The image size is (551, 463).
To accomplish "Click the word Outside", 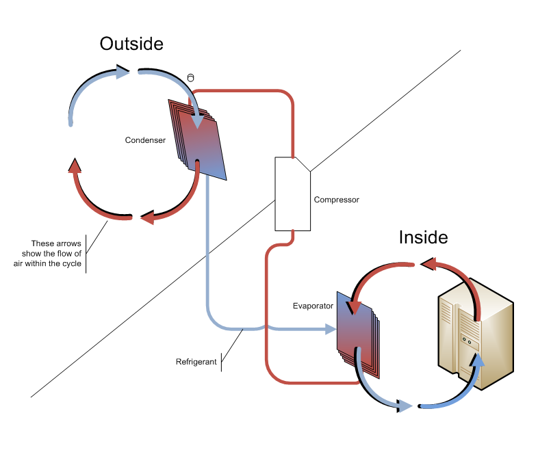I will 131,44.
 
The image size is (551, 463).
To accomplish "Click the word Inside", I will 424,237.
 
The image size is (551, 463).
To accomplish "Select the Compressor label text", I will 336,200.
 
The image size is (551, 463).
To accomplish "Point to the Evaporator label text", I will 313,306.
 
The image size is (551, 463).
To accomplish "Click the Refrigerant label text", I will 197,362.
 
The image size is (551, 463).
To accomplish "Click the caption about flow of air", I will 56,254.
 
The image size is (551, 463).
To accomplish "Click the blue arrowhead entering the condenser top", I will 198,122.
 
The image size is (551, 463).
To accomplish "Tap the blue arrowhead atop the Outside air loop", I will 123,71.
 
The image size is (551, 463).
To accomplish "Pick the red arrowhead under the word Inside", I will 426,263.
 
